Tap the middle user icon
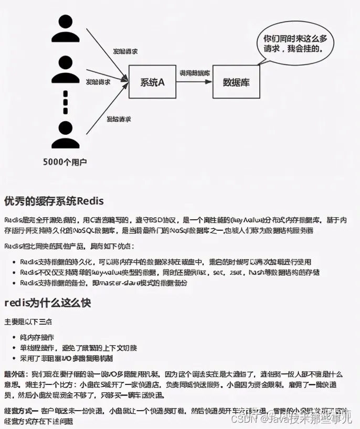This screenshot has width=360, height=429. pyautogui.click(x=66, y=70)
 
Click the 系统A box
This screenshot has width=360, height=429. pyautogui.click(x=153, y=82)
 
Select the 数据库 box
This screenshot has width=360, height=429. pyautogui.click(x=236, y=82)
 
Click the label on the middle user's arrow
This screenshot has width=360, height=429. pyautogui.click(x=98, y=82)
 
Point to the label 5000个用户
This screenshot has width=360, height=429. pyautogui.click(x=65, y=162)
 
